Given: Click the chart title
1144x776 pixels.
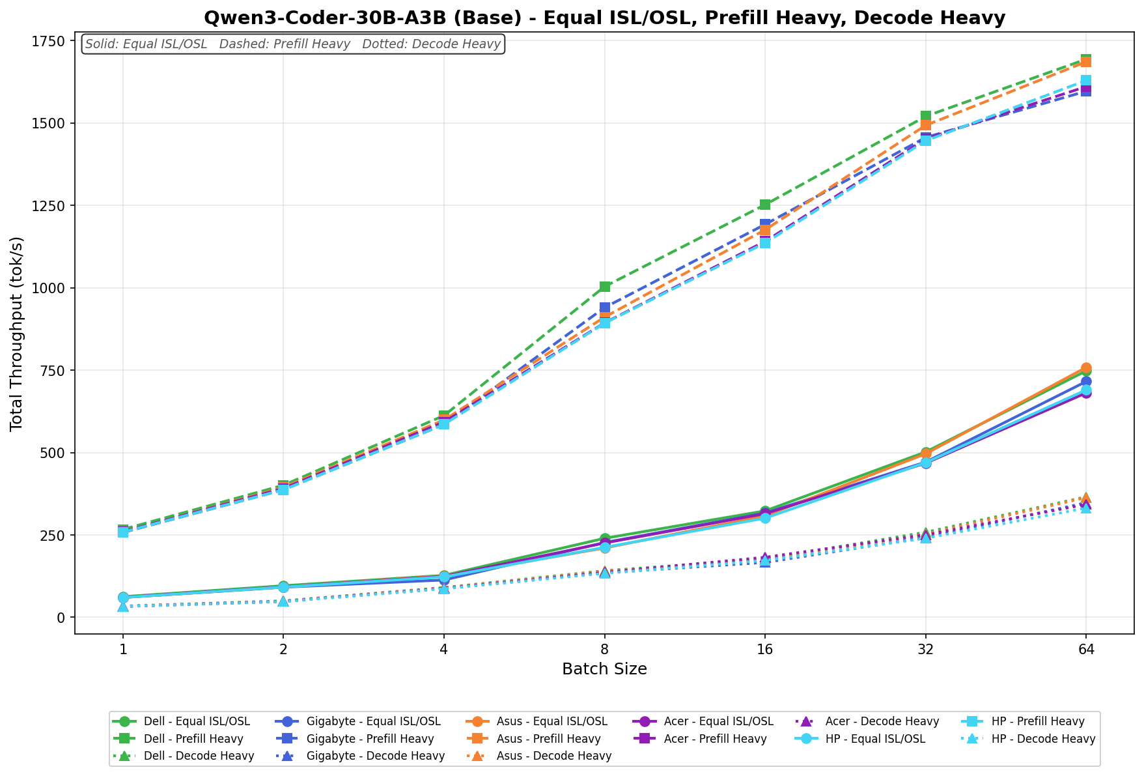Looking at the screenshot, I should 604,18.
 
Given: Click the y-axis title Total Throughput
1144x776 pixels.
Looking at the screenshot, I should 17,333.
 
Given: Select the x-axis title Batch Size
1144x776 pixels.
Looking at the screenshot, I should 604,669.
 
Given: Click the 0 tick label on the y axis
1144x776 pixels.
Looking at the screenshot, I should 61,617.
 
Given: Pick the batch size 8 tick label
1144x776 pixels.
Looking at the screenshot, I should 604,649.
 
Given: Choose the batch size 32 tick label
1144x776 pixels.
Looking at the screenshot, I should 925,649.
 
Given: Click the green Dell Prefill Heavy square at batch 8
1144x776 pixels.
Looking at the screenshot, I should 605,287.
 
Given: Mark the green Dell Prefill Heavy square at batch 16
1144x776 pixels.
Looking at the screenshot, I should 765,205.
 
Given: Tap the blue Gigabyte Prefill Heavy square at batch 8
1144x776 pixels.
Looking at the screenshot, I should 605,308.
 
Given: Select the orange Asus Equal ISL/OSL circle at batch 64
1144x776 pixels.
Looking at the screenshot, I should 1086,368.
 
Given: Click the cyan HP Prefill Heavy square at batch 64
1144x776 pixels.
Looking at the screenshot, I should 1086,81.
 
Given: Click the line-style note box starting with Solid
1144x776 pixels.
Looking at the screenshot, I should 293,44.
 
